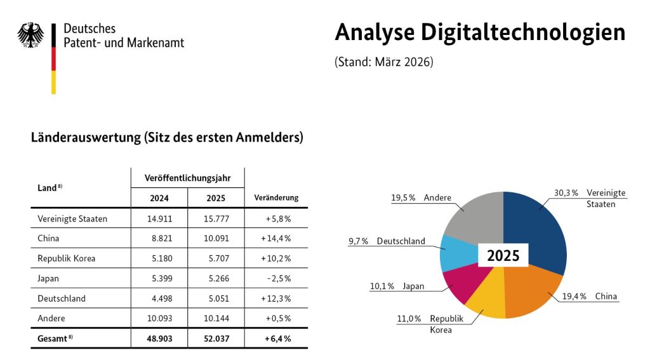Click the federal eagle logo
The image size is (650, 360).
30,36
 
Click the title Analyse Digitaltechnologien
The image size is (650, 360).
480,32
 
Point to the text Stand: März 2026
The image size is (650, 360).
384,63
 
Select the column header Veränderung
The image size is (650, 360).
276,197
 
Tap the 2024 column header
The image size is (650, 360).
159,197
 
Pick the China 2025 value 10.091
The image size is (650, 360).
216,239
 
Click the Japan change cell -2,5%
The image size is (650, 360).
278,278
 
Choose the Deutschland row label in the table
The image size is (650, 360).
62,298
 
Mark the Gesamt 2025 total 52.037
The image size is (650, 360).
216,338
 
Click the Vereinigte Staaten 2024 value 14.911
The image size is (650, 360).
159,219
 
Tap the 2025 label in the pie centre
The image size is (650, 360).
503,256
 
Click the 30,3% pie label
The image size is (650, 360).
566,193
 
